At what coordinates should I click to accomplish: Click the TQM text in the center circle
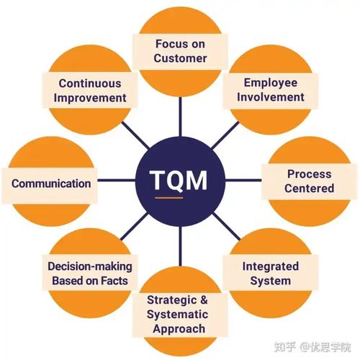coord(179,180)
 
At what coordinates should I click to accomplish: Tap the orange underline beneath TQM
coord(169,198)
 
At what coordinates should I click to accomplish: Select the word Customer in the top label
coord(180,58)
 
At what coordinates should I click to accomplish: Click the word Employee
coord(271,83)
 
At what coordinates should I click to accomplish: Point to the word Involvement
coord(271,97)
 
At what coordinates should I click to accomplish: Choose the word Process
coord(310,174)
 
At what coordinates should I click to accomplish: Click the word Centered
coord(310,188)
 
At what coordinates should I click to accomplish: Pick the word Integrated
coord(271,267)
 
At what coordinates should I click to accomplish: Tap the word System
coord(271,281)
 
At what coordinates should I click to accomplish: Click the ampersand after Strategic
coord(204,300)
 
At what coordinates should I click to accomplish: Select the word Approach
coord(179,329)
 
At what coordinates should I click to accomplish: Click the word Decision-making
coord(90,267)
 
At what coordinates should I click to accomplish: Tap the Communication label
coord(51,184)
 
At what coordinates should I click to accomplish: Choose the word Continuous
coord(90,83)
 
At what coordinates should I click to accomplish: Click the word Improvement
coord(90,98)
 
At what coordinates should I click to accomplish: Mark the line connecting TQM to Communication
coord(117,180)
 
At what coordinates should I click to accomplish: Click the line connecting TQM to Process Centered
coord(243,180)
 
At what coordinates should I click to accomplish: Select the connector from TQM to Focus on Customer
coord(180,117)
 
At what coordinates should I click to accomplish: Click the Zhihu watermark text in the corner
coord(312,347)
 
